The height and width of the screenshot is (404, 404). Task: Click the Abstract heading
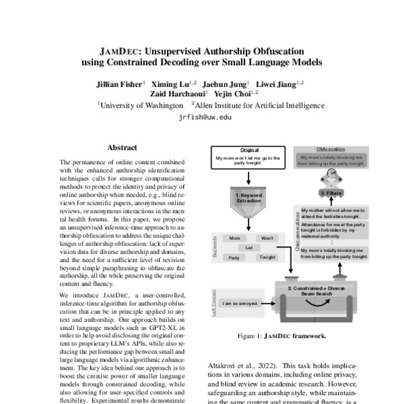[122, 147]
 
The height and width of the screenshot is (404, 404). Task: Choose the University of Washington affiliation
[141, 105]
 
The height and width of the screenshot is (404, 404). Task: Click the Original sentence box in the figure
[249, 160]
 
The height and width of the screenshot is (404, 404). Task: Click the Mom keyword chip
[234, 239]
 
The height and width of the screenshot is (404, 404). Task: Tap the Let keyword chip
[249, 248]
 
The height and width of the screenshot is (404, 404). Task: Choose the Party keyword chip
[234, 257]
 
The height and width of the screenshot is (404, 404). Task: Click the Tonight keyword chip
[267, 257]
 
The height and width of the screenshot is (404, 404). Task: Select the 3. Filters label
[332, 193]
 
